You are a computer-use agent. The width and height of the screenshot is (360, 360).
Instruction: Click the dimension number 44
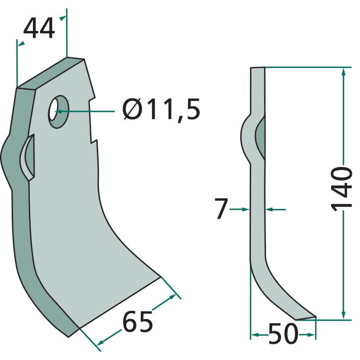39,29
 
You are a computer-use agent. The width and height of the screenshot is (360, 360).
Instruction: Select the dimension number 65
138,321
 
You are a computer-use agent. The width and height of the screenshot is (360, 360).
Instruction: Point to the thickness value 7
221,209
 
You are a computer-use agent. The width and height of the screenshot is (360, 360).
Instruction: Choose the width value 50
283,333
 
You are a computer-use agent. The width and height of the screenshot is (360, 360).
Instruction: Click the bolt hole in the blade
58,112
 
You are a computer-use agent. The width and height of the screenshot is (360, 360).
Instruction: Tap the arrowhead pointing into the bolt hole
59,112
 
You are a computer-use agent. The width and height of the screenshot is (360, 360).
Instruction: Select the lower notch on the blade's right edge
94,140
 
